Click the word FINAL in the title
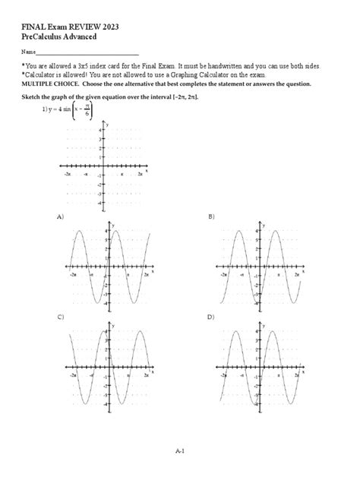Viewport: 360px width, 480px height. click(33, 27)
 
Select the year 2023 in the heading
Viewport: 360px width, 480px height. click(108, 27)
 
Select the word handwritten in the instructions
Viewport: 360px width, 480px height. click(223, 67)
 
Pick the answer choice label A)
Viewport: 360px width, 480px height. click(60, 217)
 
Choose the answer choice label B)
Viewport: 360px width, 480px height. click(211, 217)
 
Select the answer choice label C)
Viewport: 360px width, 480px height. click(60, 317)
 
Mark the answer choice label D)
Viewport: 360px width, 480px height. click(211, 317)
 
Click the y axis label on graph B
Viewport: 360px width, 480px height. click(264, 225)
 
